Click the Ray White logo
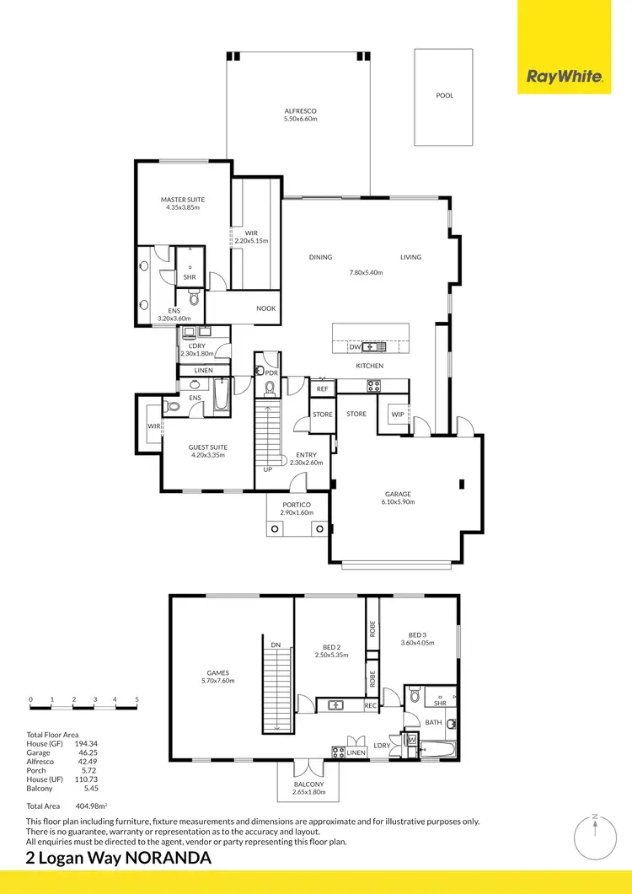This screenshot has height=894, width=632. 564,77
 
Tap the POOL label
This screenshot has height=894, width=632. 444,95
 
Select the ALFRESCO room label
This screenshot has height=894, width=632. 300,111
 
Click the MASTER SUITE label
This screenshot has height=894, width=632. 183,200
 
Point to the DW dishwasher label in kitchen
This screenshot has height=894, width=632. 355,346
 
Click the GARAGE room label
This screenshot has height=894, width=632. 398,494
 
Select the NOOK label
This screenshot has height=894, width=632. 266,308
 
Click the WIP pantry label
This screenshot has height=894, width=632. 396,414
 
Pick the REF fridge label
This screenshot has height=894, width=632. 322,388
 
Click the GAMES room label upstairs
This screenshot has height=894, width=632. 218,672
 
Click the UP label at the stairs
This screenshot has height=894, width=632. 268,468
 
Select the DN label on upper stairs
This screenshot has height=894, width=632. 276,645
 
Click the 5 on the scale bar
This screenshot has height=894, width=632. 137,699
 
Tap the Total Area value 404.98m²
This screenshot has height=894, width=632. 94,806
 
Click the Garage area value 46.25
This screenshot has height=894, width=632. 86,752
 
